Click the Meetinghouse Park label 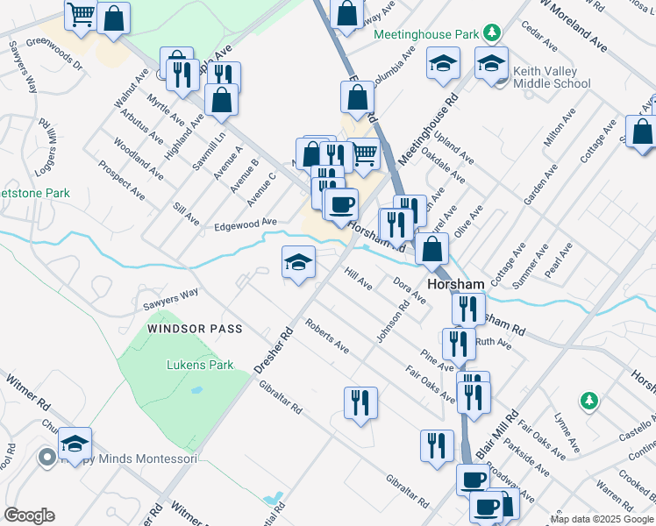coord(426,35)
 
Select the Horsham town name coord(456,285)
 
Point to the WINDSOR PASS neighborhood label coord(195,329)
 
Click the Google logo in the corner coord(29,515)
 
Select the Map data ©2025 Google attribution coord(601,519)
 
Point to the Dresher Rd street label coord(273,351)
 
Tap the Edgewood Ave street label coord(246,224)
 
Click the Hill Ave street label coord(358,280)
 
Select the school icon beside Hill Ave coord(298,263)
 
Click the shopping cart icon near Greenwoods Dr coord(81,15)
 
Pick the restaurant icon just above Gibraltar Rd coord(360,403)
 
